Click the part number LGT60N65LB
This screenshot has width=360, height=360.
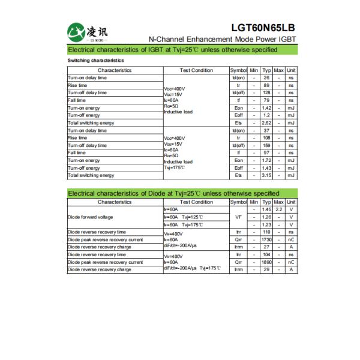263,28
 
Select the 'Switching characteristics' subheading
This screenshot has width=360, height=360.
96,61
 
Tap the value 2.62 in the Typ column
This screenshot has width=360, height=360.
266,123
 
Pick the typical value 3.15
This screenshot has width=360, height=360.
266,175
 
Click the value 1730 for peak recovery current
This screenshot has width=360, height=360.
266,239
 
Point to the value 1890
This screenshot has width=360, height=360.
266,262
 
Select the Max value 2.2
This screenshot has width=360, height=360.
278,209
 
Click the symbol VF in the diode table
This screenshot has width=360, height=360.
238,217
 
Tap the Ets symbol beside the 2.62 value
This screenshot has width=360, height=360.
238,123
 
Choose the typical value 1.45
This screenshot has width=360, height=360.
266,209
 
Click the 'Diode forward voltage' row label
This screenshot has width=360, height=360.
90,217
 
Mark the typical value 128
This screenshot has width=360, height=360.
266,93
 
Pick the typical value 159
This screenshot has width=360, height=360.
266,145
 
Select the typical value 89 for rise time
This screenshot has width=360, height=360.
266,85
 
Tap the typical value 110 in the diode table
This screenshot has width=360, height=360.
266,232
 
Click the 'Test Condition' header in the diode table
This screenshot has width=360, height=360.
196,202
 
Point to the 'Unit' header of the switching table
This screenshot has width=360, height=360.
291,70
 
